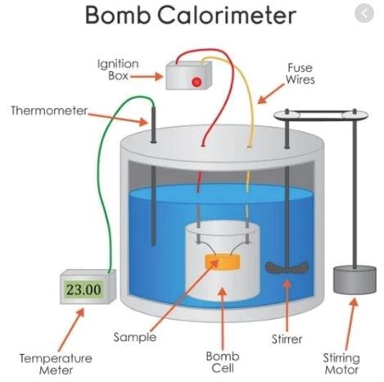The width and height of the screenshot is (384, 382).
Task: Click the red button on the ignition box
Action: (x=197, y=82)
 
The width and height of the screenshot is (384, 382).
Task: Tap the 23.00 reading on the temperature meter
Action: (x=84, y=289)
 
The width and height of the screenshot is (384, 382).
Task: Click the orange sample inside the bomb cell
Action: (x=223, y=261)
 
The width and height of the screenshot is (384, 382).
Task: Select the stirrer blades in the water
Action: (x=287, y=268)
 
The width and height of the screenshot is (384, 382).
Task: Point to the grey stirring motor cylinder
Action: (x=355, y=280)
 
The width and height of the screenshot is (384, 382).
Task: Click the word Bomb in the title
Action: (x=118, y=15)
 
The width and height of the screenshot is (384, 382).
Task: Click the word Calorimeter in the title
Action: (x=227, y=15)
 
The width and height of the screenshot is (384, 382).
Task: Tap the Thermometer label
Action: (x=49, y=111)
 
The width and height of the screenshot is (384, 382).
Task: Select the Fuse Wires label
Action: (x=300, y=74)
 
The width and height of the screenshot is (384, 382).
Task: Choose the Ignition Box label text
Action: (x=118, y=70)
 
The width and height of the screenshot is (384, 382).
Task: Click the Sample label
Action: (x=135, y=337)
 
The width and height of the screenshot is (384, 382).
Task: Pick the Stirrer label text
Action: (x=287, y=339)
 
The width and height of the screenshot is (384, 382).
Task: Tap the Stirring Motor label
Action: (x=341, y=364)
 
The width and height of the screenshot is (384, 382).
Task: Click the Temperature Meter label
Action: (x=56, y=364)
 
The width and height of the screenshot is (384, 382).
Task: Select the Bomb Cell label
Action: (x=223, y=362)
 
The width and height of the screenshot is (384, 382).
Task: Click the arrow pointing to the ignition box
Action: (x=147, y=76)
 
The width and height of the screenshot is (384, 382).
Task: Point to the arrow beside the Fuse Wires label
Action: (x=270, y=94)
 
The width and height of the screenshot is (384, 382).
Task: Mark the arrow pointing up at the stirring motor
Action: (x=350, y=324)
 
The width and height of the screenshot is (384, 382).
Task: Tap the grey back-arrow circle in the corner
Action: (x=364, y=13)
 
